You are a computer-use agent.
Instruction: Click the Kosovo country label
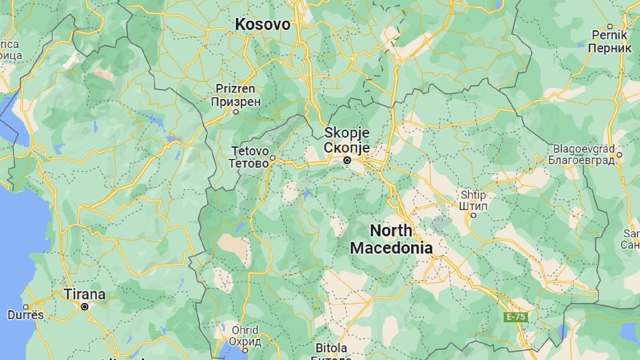[263, 24]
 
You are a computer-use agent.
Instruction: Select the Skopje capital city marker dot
[347, 160]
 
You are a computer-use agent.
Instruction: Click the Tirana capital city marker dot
[84, 307]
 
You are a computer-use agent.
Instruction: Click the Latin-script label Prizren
[235, 89]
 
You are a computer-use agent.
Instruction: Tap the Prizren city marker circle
[236, 111]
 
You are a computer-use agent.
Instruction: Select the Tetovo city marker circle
[273, 158]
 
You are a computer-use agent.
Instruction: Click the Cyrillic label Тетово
[249, 164]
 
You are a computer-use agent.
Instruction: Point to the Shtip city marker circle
[473, 215]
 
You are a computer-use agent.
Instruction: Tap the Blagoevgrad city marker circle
[619, 155]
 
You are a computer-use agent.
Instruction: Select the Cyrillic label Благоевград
[581, 159]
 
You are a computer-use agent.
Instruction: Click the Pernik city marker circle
[610, 26]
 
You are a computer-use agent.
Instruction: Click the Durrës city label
[25, 315]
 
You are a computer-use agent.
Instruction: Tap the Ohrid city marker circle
[245, 350]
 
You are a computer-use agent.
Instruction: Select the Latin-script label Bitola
[331, 348]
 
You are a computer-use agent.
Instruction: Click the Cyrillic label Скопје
[347, 147]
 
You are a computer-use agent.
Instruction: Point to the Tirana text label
[84, 294]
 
